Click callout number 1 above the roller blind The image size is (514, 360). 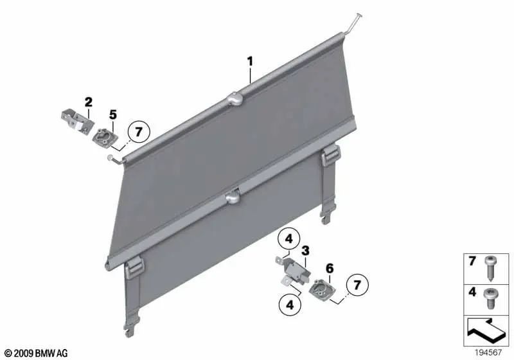point(250,62)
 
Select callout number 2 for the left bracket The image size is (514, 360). point(88,101)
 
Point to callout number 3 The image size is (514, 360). point(306,250)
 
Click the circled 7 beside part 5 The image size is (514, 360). point(138,132)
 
